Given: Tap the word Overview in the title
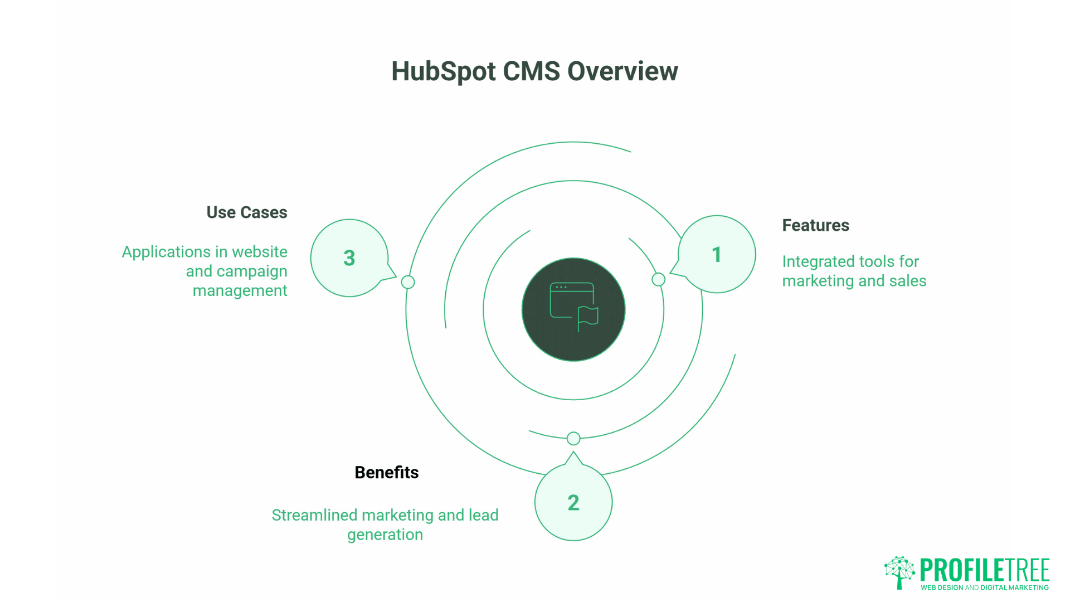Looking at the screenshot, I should [622, 71].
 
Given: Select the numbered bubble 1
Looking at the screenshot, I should [717, 255].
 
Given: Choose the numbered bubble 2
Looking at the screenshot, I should [573, 503].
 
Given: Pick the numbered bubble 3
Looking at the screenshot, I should [349, 258].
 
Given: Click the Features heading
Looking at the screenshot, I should [815, 225].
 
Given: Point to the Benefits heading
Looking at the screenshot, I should [386, 473].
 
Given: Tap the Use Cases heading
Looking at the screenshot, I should [247, 212].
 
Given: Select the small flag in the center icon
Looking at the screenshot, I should [588, 317].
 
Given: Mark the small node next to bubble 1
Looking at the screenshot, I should [658, 279].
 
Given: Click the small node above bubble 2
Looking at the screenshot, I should [573, 439].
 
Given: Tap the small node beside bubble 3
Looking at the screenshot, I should [408, 282].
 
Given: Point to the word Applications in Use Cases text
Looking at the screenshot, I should [166, 252].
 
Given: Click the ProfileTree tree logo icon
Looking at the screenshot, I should [899, 571].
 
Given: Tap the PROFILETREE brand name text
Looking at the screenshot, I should [984, 570].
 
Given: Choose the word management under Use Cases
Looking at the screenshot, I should [240, 291].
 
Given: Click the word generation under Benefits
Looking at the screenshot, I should [385, 535].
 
